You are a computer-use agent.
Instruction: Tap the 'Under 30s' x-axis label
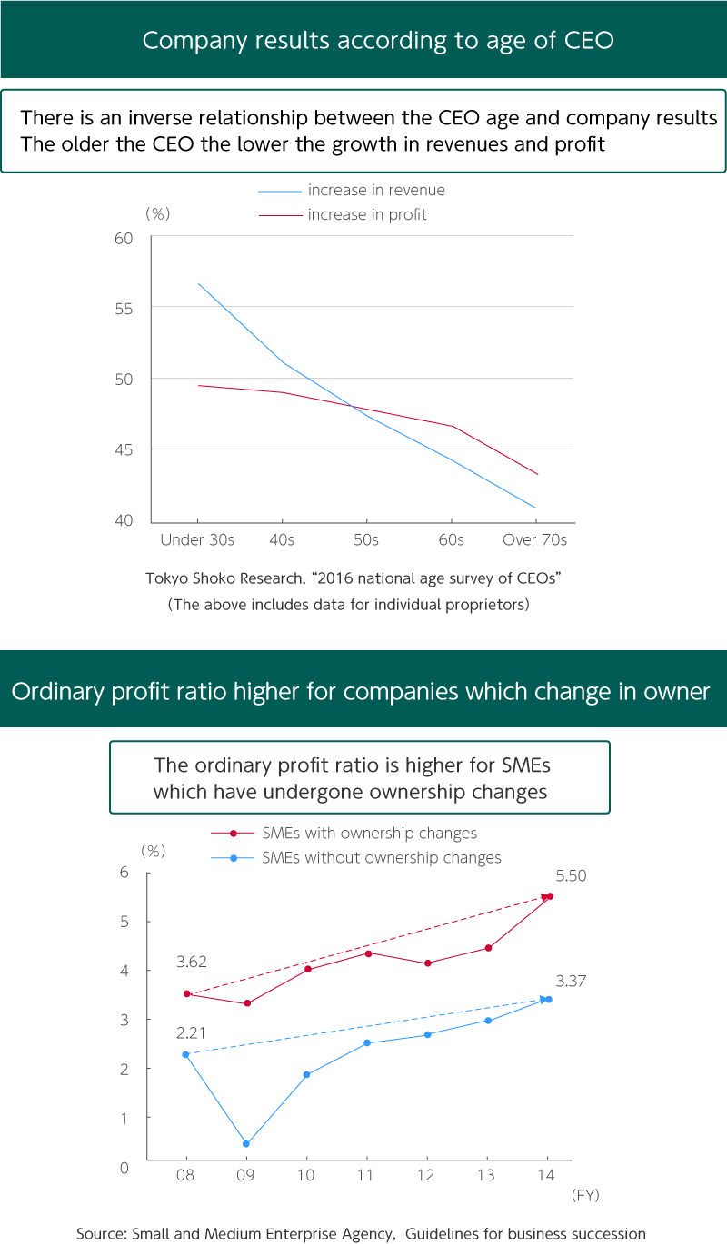(197, 539)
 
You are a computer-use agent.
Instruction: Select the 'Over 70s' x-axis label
(534, 539)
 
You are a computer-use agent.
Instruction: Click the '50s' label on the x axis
(366, 539)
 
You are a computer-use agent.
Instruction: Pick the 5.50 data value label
(571, 876)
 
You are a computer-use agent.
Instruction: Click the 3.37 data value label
(571, 981)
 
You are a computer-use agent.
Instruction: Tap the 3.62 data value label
(192, 961)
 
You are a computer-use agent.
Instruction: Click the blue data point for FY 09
(246, 1144)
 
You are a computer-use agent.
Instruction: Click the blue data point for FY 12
(428, 1034)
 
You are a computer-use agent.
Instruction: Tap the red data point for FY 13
(488, 948)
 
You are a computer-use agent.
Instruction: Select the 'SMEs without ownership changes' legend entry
(381, 857)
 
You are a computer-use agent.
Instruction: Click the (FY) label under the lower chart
(584, 1195)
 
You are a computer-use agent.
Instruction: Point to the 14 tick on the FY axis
(548, 1174)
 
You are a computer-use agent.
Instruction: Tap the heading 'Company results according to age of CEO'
(363, 40)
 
